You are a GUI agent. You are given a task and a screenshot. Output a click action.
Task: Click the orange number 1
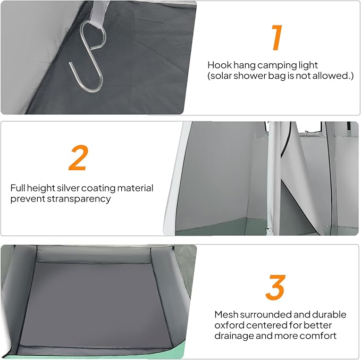pos(277,37)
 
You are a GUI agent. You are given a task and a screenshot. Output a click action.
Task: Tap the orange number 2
pos(79,157)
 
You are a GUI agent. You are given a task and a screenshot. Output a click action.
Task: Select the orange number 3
pos(275,287)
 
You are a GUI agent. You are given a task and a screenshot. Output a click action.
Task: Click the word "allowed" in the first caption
pos(332,76)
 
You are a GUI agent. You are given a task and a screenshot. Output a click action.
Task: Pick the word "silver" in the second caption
pos(69,188)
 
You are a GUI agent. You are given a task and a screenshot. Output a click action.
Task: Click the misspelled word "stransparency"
pos(79,199)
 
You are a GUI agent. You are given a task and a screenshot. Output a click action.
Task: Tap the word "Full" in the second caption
pos(18,188)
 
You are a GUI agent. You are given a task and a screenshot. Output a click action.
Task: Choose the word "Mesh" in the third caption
pos(226,314)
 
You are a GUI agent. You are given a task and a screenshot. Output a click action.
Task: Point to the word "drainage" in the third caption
pos(234,336)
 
